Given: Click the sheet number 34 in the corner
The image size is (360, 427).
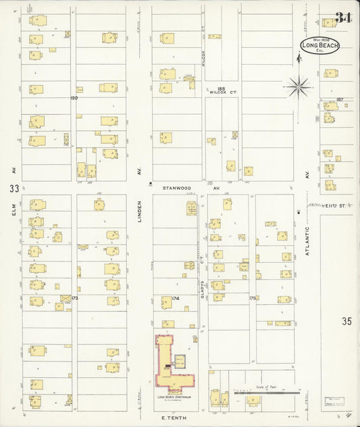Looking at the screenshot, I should [342, 18].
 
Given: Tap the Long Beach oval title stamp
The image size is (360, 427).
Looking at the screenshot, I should [320, 46].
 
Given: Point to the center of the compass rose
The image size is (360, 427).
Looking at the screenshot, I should [298, 86].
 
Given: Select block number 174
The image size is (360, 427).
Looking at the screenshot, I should [175, 297].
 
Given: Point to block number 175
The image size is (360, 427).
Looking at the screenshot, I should [253, 297].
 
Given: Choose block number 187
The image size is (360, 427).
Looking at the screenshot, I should [340, 99].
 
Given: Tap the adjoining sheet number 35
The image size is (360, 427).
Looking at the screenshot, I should [347, 320].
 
